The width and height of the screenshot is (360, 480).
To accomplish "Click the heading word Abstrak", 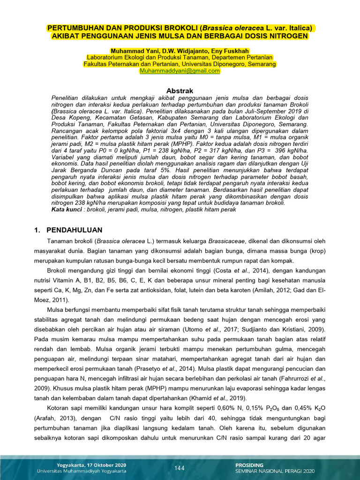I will point(180,90).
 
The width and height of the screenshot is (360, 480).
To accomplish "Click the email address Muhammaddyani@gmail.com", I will point(180,71).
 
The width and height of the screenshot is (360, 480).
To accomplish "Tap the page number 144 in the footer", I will point(180,468).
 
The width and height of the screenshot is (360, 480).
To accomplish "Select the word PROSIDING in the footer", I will point(249,465).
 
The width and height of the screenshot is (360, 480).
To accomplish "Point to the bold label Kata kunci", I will point(66,210).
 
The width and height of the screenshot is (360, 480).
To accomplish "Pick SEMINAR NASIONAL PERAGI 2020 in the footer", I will point(275,472).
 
